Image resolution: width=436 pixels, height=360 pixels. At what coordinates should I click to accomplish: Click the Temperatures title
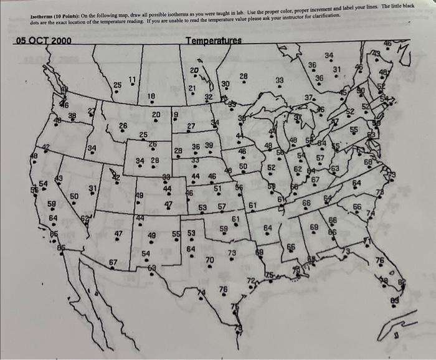pyautogui.click(x=214, y=41)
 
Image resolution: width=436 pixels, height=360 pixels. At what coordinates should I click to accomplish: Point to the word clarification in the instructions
pyautogui.click(x=324, y=14)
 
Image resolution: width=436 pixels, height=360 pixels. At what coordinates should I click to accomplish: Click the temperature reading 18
pyautogui.click(x=151, y=95)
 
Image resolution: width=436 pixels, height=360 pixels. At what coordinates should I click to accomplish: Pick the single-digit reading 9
pyautogui.click(x=175, y=114)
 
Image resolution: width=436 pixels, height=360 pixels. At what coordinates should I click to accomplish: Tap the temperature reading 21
pyautogui.click(x=192, y=88)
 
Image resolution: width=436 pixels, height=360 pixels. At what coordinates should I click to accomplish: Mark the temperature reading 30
pyautogui.click(x=225, y=83)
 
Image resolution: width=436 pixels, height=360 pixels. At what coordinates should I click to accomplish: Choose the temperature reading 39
pyautogui.click(x=209, y=145)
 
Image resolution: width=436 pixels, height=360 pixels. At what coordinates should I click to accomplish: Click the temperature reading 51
pyautogui.click(x=217, y=187)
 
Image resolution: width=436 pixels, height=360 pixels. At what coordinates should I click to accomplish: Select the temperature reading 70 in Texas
pyautogui.click(x=210, y=259)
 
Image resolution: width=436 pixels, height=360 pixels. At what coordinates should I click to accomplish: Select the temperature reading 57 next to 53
pyautogui.click(x=221, y=206)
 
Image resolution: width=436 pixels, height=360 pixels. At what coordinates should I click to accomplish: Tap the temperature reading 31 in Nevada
pyautogui.click(x=93, y=189)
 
